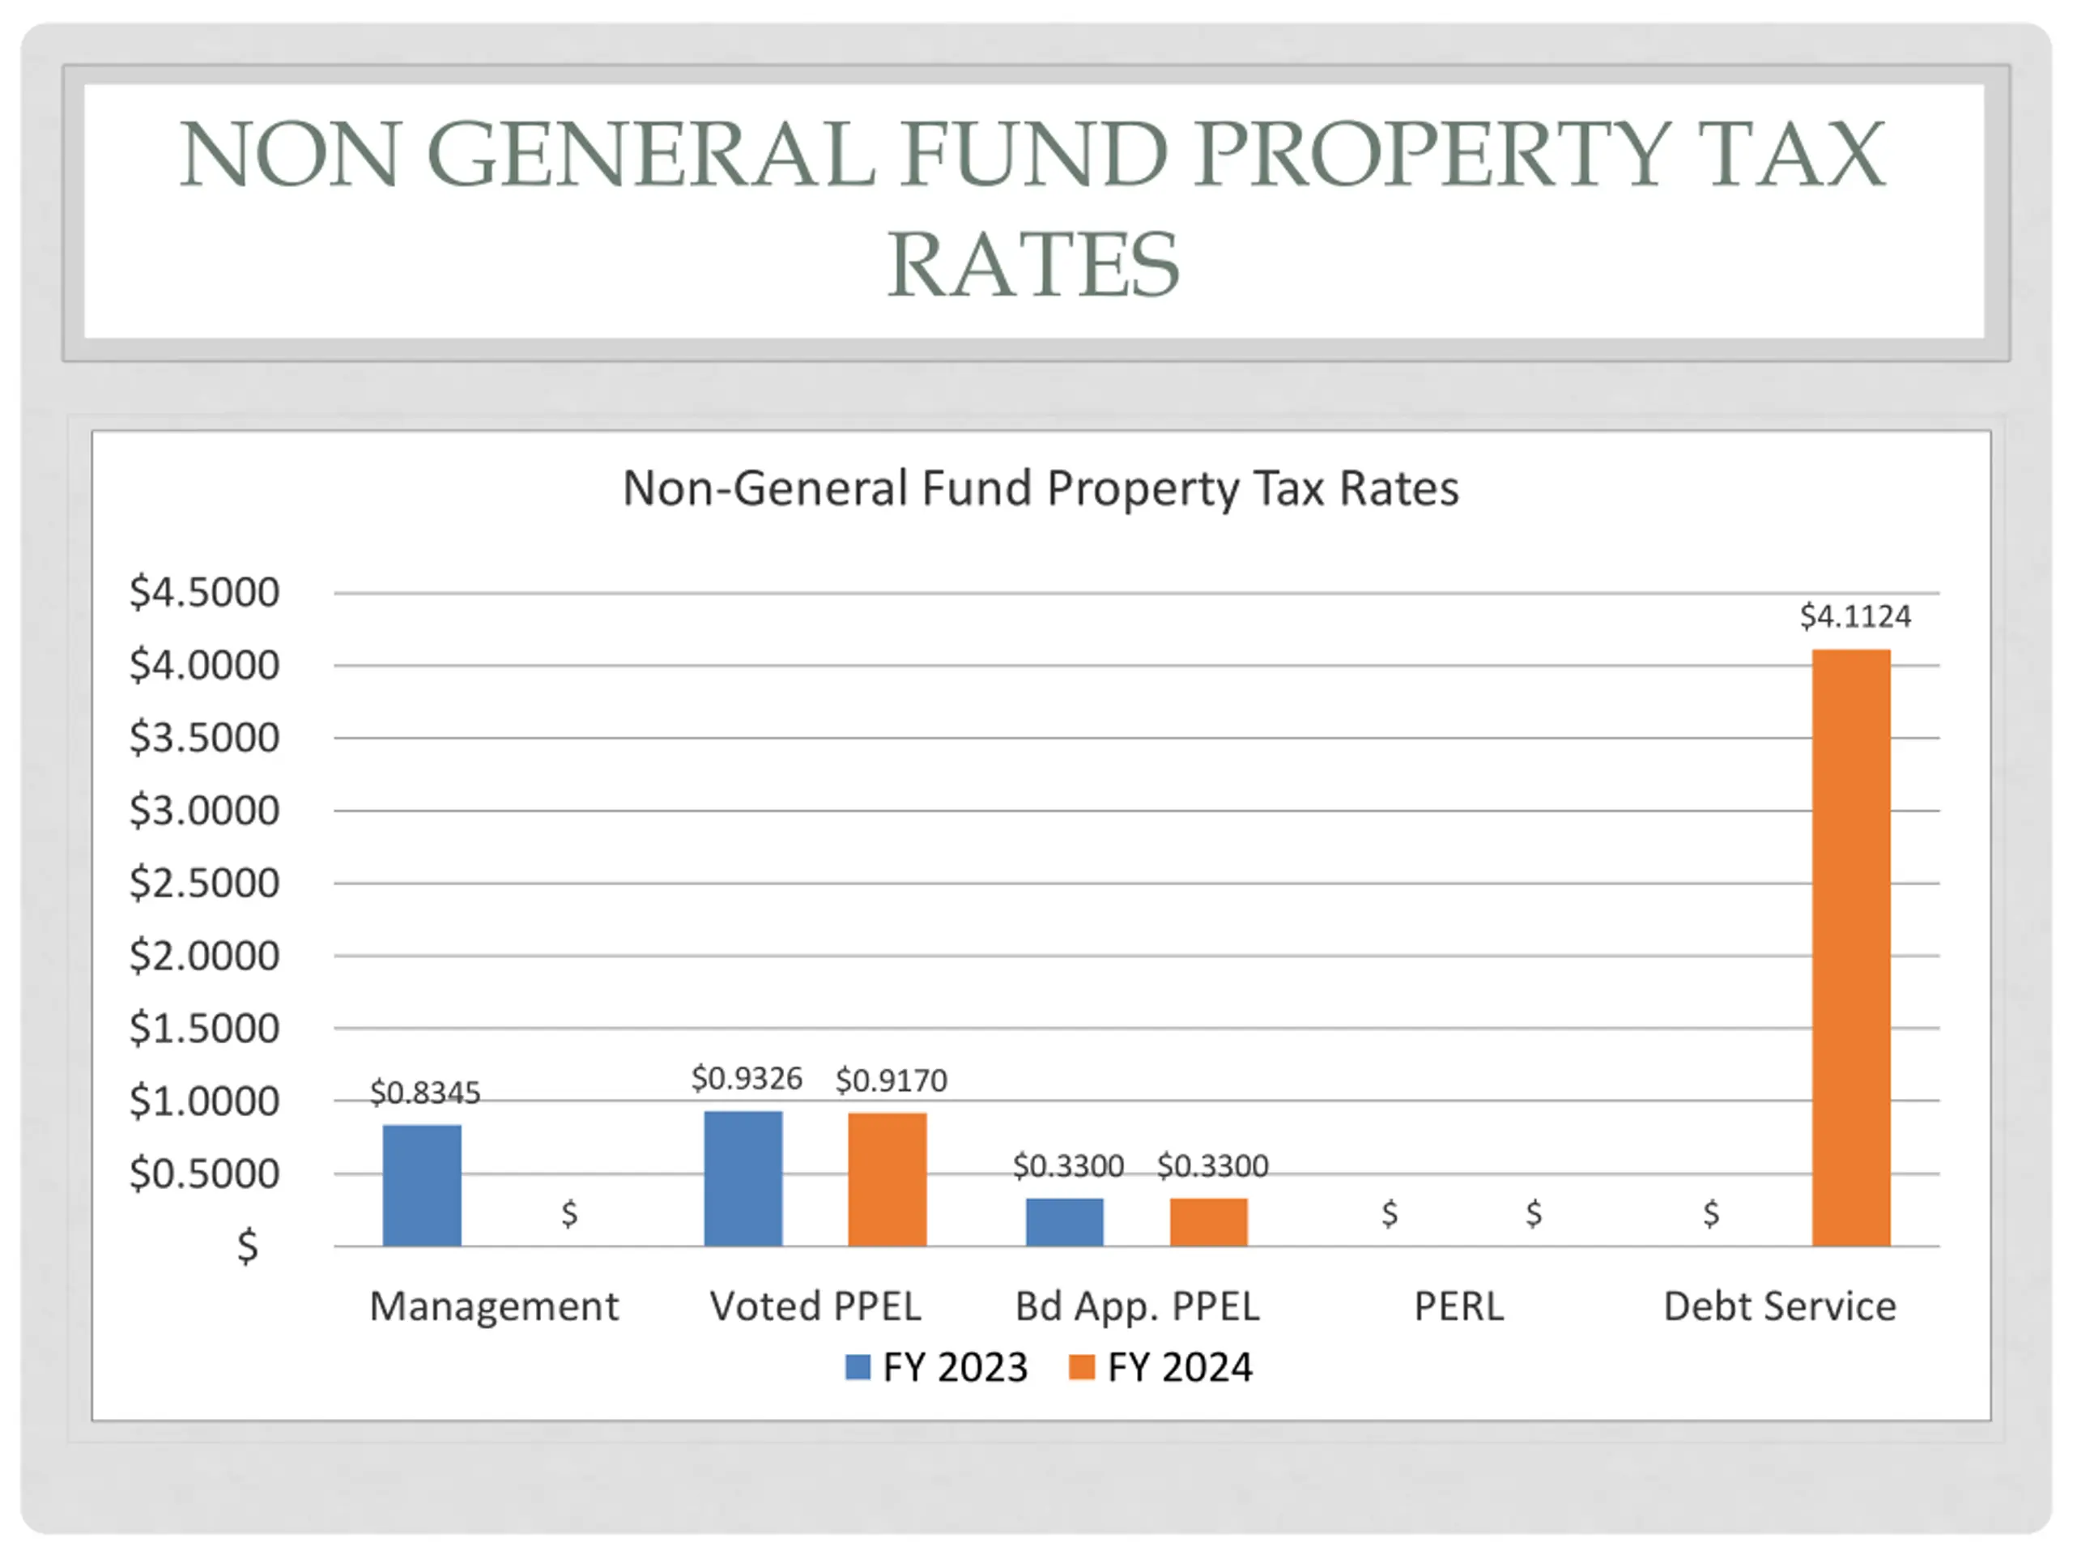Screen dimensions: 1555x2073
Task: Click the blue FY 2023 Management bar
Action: click(422, 1185)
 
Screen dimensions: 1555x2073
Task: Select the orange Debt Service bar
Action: click(1851, 947)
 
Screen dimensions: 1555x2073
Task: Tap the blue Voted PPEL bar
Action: click(743, 1178)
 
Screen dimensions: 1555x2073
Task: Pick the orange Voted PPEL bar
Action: click(888, 1179)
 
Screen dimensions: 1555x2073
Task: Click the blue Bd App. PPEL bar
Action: click(1065, 1221)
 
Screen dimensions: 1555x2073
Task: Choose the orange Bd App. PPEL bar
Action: click(1209, 1221)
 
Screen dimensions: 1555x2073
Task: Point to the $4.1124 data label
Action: click(1854, 616)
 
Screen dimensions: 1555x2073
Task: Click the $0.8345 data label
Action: click(424, 1092)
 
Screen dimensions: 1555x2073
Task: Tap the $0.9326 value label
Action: click(747, 1078)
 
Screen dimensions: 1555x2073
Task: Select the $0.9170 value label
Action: click(892, 1080)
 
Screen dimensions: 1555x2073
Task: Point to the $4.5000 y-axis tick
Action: click(204, 592)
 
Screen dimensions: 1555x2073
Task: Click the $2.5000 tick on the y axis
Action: click(204, 883)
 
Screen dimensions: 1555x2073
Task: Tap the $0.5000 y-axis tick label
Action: click(204, 1174)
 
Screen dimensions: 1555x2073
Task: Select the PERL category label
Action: click(1458, 1306)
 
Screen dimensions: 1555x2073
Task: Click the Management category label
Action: click(494, 1306)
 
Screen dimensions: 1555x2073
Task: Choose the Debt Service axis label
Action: click(1779, 1306)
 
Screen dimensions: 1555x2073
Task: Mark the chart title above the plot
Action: click(1041, 488)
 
